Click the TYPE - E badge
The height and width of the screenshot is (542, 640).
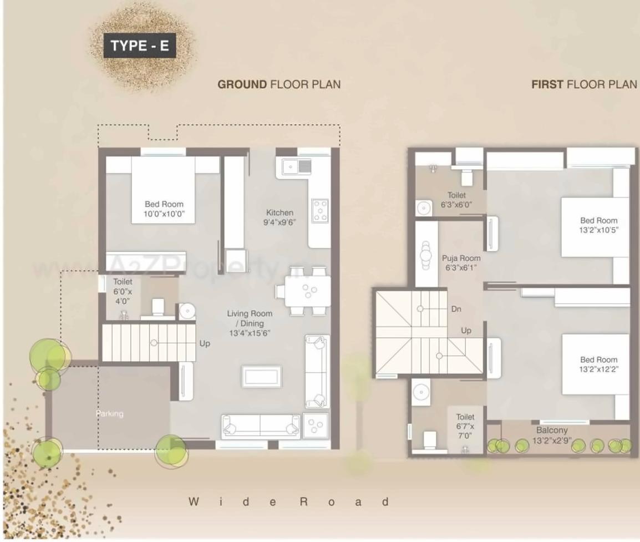click(140, 45)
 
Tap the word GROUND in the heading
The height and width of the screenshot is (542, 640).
click(242, 84)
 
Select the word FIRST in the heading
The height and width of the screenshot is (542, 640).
click(547, 84)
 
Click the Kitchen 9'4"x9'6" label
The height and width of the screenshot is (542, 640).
click(280, 217)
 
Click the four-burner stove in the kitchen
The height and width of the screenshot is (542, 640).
click(321, 211)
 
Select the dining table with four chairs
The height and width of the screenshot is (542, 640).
click(303, 291)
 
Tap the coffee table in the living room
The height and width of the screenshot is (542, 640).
click(262, 376)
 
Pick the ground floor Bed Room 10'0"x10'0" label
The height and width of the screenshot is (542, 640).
click(164, 209)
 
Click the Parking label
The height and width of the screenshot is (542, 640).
click(109, 414)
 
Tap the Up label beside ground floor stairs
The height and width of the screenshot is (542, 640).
click(205, 343)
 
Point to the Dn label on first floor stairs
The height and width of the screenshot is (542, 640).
click(456, 309)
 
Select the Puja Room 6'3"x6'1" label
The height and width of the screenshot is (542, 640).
click(461, 262)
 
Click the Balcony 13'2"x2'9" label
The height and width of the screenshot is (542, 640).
click(552, 435)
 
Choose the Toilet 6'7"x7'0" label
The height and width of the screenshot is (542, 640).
click(465, 426)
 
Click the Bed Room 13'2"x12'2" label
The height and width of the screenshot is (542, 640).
click(598, 364)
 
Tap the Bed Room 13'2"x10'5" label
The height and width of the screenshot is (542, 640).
click(598, 225)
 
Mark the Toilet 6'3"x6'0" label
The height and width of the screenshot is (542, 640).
click(456, 200)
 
